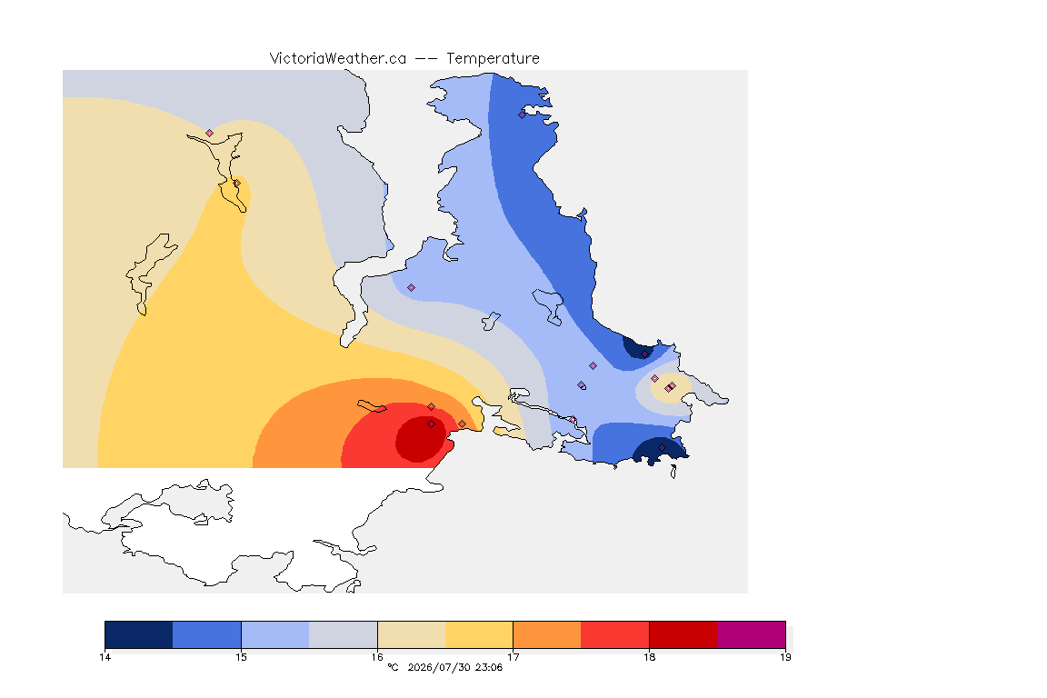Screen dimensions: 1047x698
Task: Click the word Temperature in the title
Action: [493, 59]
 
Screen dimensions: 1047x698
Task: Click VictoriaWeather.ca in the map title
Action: [338, 59]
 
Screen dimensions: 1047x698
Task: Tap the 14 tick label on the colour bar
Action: [105, 657]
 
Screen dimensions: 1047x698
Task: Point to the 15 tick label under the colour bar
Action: [241, 657]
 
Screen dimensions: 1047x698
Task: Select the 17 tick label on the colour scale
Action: [513, 657]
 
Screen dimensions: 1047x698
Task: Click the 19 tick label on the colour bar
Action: [785, 657]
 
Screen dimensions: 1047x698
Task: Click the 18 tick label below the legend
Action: [649, 657]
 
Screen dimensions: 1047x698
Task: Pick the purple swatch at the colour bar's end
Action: [752, 634]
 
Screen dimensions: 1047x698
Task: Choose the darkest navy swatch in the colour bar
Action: [139, 634]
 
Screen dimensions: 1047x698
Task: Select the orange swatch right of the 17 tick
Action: [547, 634]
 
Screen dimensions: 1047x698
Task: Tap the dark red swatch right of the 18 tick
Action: [683, 634]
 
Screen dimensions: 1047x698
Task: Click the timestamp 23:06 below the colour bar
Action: [489, 667]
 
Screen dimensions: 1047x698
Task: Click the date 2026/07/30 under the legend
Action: [439, 667]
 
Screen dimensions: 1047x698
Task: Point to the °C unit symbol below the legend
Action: [393, 667]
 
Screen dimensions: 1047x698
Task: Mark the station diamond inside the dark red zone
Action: [432, 424]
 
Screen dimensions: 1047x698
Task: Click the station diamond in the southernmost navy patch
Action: [662, 447]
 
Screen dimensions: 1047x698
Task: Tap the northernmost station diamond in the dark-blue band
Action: [523, 115]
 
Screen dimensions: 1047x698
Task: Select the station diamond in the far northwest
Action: [210, 134]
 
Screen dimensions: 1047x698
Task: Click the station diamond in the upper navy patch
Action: [644, 354]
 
